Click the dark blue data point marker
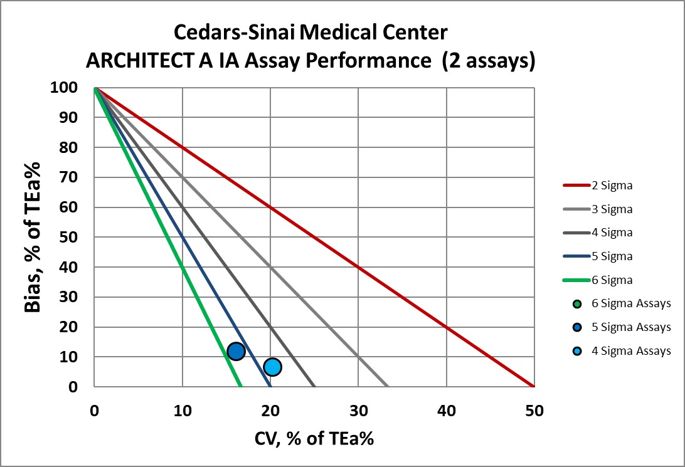236,351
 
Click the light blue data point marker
272,367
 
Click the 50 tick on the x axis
534,411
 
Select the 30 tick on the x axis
358,411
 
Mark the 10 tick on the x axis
182,411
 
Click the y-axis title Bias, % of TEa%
33,237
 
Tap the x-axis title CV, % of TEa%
314,439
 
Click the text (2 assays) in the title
489,61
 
